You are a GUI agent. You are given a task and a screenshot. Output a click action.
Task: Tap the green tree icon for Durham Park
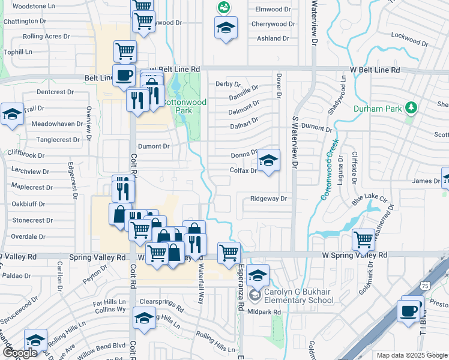tap(411, 108)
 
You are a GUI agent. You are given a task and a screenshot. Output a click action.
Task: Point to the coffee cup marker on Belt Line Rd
tap(124, 76)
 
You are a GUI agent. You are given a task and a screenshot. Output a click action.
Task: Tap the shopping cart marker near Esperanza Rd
tap(229, 253)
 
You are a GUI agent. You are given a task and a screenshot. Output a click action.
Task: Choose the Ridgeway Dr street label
tap(269, 198)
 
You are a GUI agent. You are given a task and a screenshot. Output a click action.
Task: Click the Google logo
tap(20, 353)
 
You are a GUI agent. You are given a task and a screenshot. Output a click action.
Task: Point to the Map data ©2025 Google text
tap(411, 355)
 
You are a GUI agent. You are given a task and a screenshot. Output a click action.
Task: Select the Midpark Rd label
tap(264, 312)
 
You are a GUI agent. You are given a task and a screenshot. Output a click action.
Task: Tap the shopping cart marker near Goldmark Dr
tap(363, 239)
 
